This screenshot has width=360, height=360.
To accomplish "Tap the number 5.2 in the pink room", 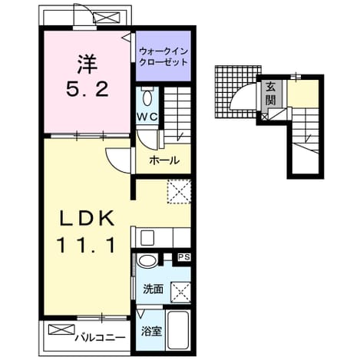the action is (x=87, y=89).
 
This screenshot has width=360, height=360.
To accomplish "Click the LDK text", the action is (x=87, y=217).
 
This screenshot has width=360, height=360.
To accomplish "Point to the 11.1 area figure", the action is (x=87, y=245).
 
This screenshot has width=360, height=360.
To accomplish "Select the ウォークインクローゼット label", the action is (x=163, y=57).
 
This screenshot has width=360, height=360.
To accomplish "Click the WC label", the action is (x=147, y=117).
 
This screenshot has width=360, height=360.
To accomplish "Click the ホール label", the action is (x=164, y=160).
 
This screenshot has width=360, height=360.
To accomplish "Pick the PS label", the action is (x=184, y=257).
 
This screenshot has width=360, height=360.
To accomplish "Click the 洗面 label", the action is (x=153, y=289).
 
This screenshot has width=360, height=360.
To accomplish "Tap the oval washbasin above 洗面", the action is (x=147, y=261).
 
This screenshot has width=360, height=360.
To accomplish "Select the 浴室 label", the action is (x=151, y=332).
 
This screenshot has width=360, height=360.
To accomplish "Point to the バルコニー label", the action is (x=101, y=338).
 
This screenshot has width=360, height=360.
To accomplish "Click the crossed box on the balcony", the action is (x=61, y=329).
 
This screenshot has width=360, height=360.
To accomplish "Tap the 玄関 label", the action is (x=270, y=94).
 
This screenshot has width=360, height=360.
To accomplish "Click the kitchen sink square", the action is (x=147, y=238).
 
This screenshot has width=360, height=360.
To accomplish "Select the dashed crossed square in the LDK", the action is (x=179, y=191).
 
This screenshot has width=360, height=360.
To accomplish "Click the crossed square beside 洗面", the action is (x=180, y=292).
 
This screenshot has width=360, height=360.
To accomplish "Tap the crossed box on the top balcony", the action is (x=107, y=18).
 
